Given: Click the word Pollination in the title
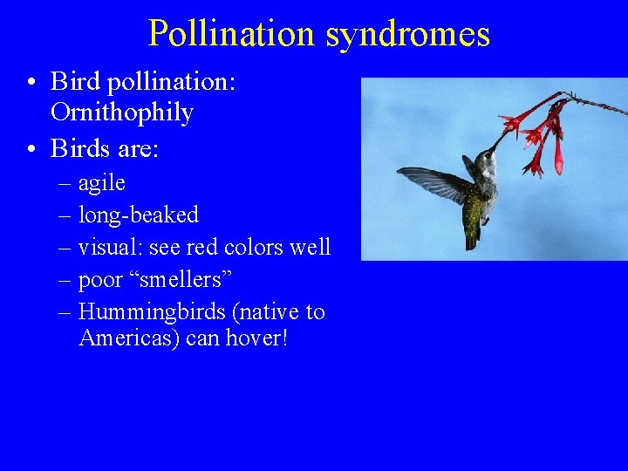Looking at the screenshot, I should pos(231,33).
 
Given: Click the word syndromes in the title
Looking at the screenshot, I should pos(407,33).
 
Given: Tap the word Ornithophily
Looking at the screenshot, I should pos(122,113).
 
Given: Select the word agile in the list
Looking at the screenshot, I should pos(102,182).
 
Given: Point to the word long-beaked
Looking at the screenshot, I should pos(139,215).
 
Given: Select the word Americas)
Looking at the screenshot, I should pos(130,338).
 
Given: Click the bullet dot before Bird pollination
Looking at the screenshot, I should pos(31,82).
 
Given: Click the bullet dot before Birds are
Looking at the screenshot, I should pos(31,149).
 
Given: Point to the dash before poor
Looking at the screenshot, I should pos(65,280).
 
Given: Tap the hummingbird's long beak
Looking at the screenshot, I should pos(502,139).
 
